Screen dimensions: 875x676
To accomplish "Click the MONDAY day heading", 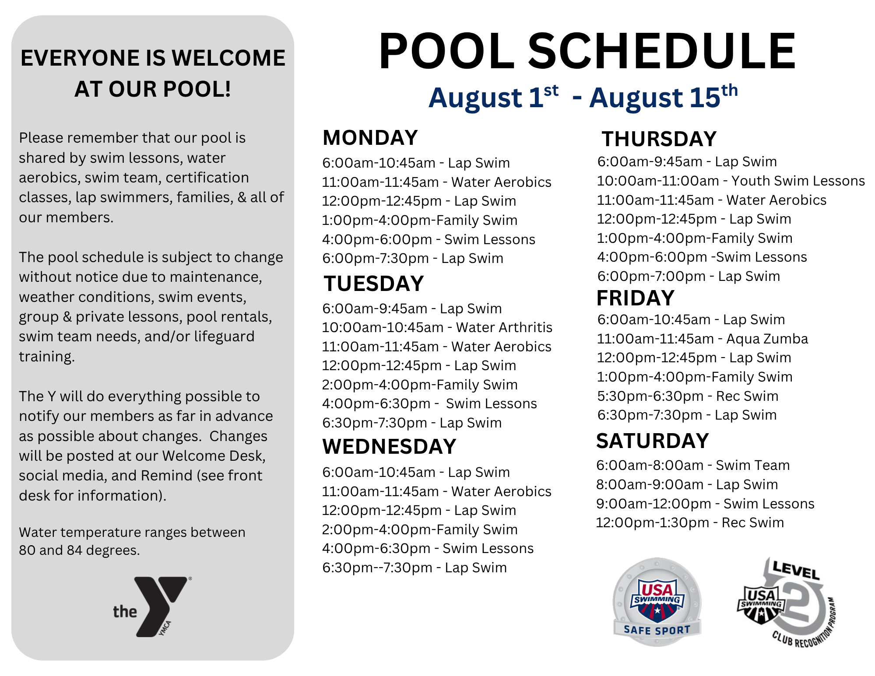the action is click(370, 138).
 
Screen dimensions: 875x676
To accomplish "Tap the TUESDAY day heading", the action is click(374, 284).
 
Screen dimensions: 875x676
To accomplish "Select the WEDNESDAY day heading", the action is click(390, 447).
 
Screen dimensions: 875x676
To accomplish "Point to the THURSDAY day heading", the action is click(659, 139).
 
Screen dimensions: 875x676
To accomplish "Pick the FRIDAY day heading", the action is click(635, 298).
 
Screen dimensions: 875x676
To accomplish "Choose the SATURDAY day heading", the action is click(652, 441).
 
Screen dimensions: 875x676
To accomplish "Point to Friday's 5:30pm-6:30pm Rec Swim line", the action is click(688, 396).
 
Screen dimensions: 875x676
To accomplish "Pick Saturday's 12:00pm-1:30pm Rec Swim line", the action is click(690, 522).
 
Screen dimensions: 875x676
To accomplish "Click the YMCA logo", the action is click(152, 606).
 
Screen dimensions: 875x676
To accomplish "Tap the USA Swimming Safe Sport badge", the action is click(657, 602).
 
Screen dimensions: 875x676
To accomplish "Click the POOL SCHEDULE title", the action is click(587, 51).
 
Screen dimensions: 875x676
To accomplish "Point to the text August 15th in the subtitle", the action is click(663, 97).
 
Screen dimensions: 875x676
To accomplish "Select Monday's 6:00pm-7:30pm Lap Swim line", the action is click(413, 258).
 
